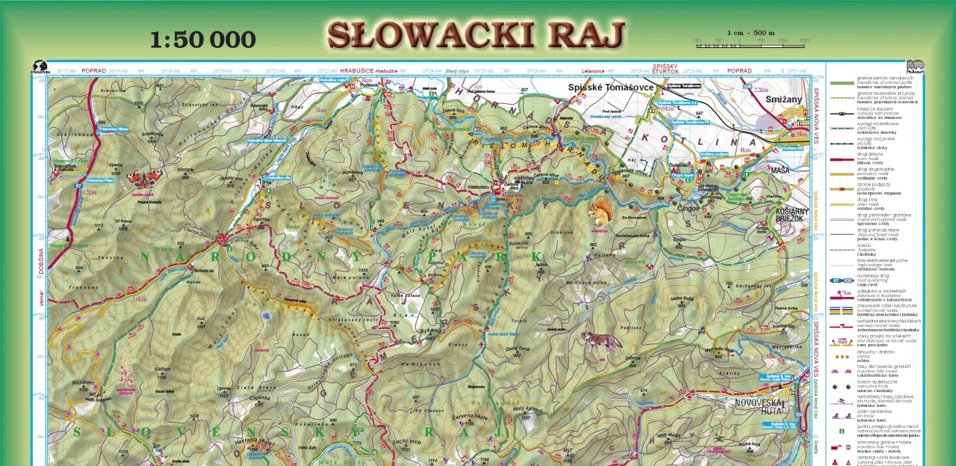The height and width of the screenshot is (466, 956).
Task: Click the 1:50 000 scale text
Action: pyautogui.click(x=202, y=39)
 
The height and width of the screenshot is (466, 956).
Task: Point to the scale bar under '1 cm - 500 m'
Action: pyautogui.click(x=749, y=46)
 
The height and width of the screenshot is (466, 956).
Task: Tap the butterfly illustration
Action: pyautogui.click(x=144, y=179)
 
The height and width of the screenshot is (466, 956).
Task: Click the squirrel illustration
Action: pyautogui.click(x=600, y=213)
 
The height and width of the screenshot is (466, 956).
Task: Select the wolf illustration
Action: pyautogui.click(x=602, y=341)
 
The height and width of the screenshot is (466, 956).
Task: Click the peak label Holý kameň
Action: pyautogui.click(x=527, y=409)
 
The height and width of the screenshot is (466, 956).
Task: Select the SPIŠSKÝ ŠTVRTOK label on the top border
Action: pyautogui.click(x=665, y=69)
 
